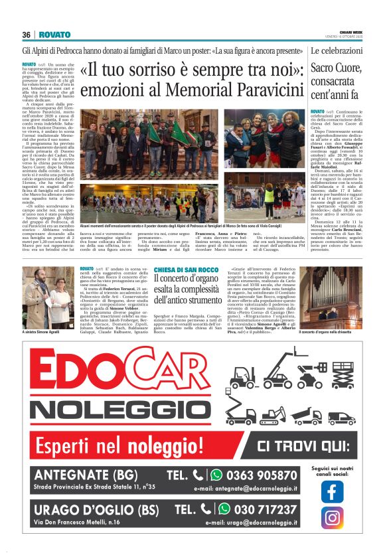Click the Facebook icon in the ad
click(332, 491)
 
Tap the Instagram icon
click(332, 517)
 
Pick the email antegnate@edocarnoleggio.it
click(246, 489)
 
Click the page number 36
click(27, 35)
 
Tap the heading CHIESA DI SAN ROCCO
click(185, 269)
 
